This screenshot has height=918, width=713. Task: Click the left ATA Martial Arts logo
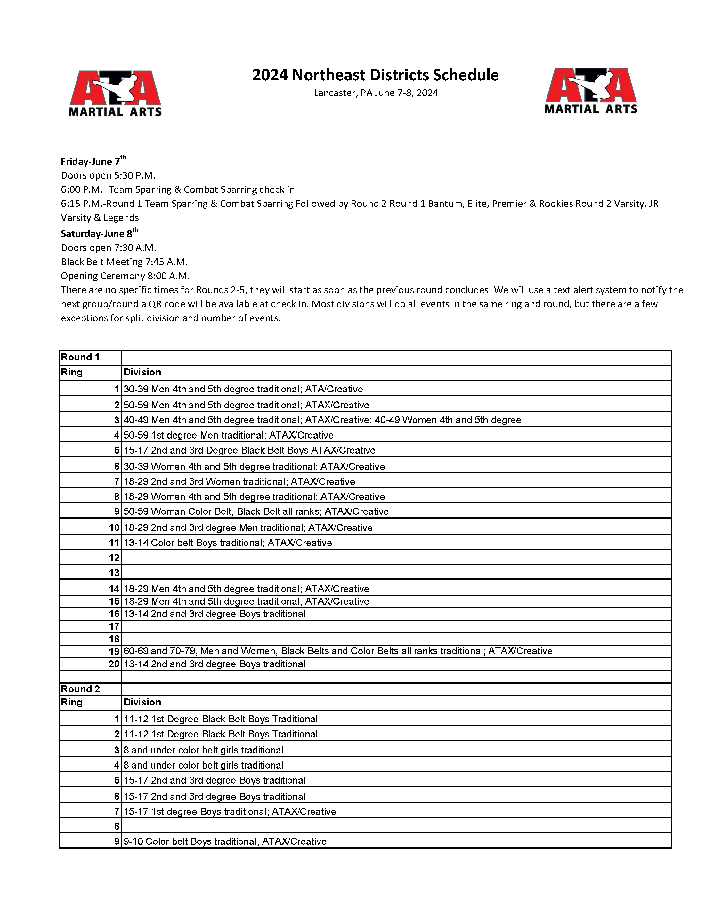pyautogui.click(x=115, y=93)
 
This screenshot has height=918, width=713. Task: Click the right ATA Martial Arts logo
pyautogui.click(x=591, y=91)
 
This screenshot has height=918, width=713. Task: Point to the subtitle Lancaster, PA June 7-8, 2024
pyautogui.click(x=376, y=93)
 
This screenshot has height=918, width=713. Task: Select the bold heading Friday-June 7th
pyautogui.click(x=93, y=161)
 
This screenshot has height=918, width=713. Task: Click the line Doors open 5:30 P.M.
pyautogui.click(x=108, y=175)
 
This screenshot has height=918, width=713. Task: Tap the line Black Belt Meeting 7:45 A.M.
pyautogui.click(x=124, y=262)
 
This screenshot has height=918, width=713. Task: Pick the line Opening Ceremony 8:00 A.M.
pyautogui.click(x=125, y=276)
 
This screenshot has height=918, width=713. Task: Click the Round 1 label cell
pyautogui.click(x=80, y=357)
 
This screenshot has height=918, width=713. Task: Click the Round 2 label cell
pyautogui.click(x=80, y=689)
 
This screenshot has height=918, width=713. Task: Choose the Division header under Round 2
pyautogui.click(x=142, y=702)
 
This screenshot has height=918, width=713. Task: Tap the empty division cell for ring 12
pyautogui.click(x=395, y=557)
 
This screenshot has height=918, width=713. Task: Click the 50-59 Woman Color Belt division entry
pyautogui.click(x=255, y=511)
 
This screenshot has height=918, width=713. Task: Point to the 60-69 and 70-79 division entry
pyautogui.click(x=337, y=651)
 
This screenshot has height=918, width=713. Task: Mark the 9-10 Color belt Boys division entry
pyautogui.click(x=225, y=841)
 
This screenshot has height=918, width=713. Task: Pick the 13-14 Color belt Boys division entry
pyautogui.click(x=227, y=543)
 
